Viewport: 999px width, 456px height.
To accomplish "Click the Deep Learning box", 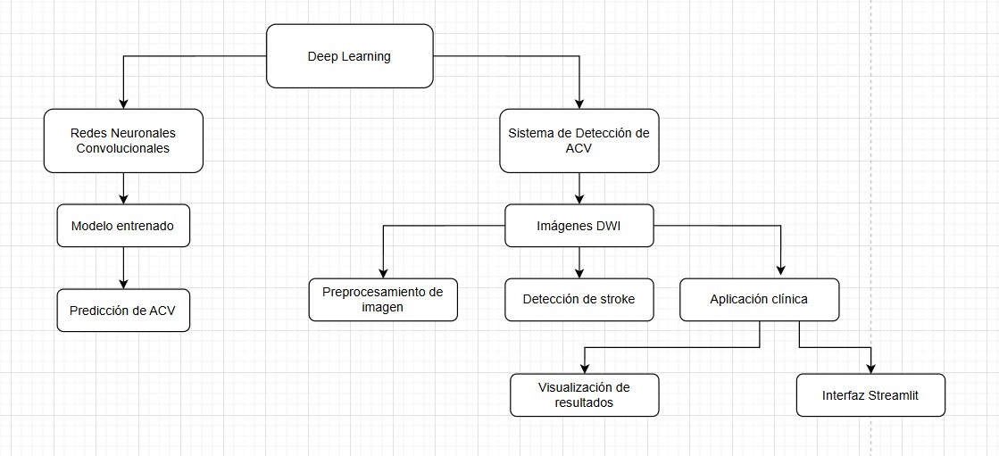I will (x=350, y=57).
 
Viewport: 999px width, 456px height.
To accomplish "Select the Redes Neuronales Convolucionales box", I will (x=123, y=141).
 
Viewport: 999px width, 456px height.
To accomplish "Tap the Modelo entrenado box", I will (x=122, y=227).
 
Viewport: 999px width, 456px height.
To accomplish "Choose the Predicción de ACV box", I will (x=123, y=311).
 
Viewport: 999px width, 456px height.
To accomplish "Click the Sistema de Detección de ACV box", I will (x=579, y=141).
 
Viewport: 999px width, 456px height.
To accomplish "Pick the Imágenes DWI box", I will (x=579, y=226).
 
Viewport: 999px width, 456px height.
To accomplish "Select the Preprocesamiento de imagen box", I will (x=383, y=300).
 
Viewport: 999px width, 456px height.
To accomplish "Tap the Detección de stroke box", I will (x=579, y=300).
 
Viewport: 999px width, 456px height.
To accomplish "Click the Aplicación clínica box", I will (x=759, y=300).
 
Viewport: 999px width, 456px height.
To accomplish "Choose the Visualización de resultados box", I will (x=585, y=394).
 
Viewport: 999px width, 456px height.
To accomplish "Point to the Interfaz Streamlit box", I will (x=870, y=394).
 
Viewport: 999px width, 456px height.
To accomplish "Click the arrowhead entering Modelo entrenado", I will (x=123, y=200).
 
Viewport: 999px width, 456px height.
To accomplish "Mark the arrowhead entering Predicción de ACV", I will (x=123, y=284).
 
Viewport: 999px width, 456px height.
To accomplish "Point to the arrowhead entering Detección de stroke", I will (x=579, y=274).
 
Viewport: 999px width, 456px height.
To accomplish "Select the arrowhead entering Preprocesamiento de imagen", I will (x=383, y=274).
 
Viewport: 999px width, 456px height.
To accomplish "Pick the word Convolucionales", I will (x=123, y=148).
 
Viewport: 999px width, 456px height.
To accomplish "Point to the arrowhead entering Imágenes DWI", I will (x=579, y=200).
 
